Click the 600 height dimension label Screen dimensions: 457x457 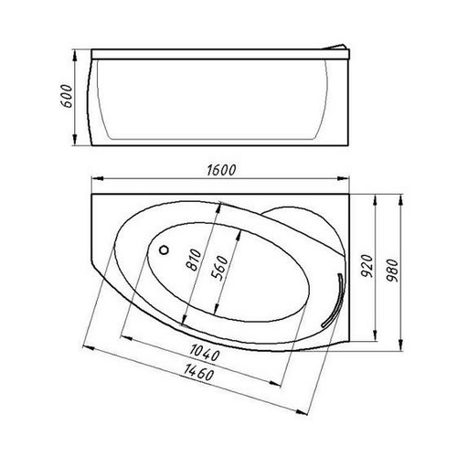[x=67, y=96]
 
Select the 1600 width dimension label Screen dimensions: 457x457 [x=221, y=170]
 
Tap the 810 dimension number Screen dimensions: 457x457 [x=194, y=260]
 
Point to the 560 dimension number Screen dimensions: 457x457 [x=220, y=268]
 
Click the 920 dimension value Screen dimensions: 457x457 [x=367, y=266]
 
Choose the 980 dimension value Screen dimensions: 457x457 [x=393, y=271]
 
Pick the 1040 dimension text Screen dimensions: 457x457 [x=205, y=353]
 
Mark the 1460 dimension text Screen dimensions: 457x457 [x=198, y=372]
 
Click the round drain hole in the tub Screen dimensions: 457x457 [x=164, y=250]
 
